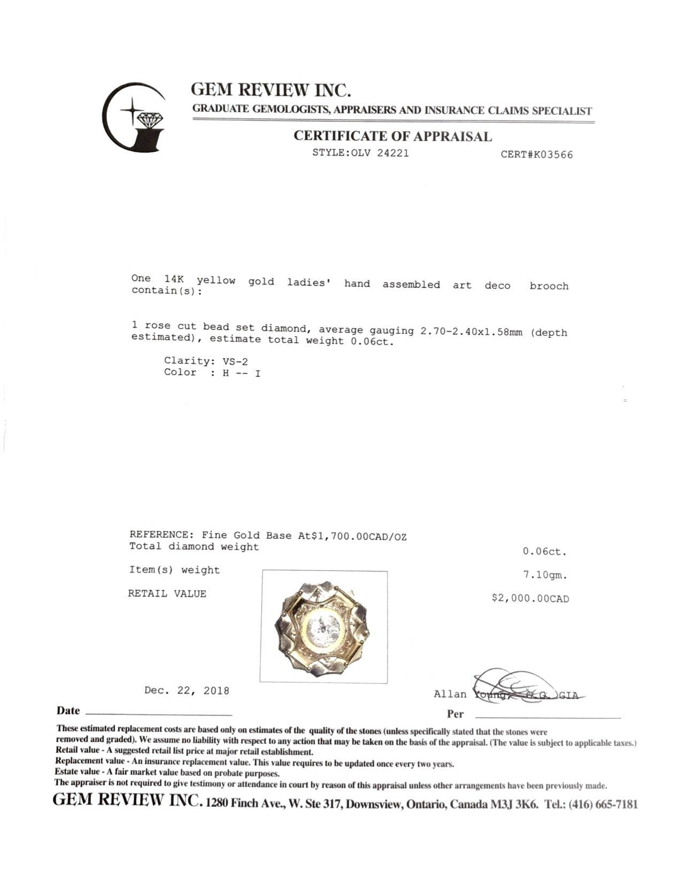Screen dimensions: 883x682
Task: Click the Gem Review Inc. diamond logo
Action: [x=134, y=118]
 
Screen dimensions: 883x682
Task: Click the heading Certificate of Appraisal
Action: [x=392, y=136]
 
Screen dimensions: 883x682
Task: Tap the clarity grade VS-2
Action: [x=235, y=361]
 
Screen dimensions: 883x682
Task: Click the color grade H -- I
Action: [x=241, y=373]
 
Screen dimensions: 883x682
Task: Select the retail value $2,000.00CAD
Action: [x=530, y=598]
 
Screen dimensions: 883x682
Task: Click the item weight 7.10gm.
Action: [x=545, y=575]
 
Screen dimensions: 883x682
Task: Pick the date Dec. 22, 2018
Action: [x=187, y=690]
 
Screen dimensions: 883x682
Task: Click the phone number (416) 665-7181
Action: [x=603, y=804]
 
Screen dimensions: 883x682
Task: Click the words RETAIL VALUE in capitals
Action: [x=167, y=593]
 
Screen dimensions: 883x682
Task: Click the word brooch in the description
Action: [x=549, y=286]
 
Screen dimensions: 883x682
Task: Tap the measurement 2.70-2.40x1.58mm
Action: [x=471, y=331]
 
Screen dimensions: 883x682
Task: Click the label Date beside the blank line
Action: [x=68, y=711]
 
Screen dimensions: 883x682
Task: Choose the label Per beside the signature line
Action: [x=455, y=714]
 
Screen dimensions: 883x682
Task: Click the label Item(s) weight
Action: [x=174, y=570]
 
